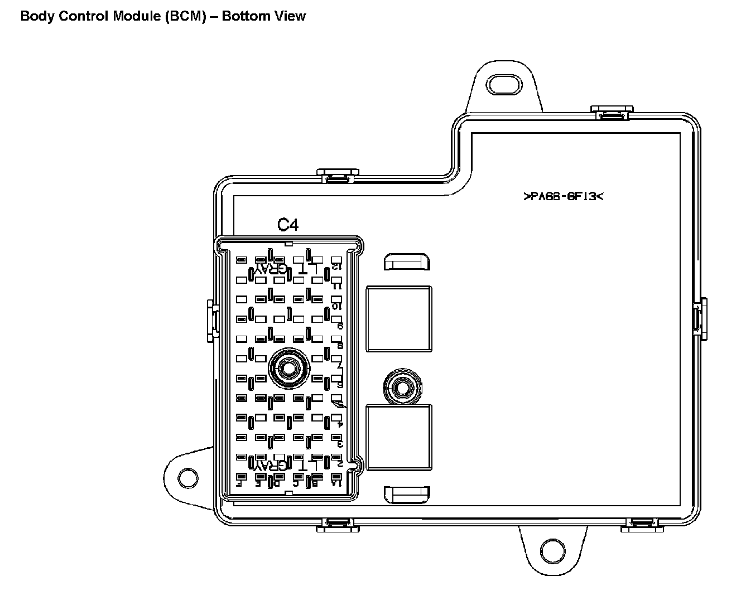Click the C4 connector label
tap(288, 225)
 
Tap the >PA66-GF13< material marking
tap(564, 196)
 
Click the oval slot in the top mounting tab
tap(503, 85)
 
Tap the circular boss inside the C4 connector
tap(288, 368)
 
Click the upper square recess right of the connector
tap(398, 319)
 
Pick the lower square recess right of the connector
tap(398, 438)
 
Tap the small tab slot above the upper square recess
tap(407, 261)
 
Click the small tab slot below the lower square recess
tap(407, 493)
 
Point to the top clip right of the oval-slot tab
tap(611, 112)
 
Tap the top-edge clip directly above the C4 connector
tap(338, 176)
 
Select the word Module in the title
tap(137, 16)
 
